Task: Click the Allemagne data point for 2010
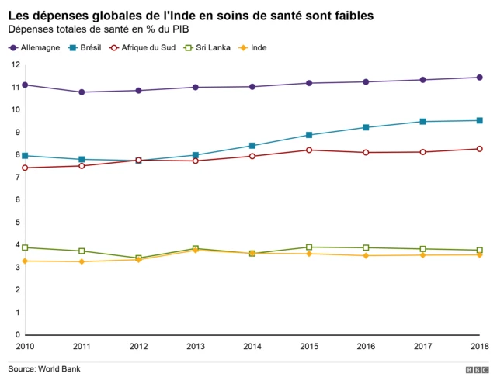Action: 26,85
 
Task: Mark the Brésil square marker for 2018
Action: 479,120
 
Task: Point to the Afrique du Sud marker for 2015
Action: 309,150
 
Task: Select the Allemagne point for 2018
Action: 479,77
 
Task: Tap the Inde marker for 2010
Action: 26,261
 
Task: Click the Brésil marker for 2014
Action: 252,145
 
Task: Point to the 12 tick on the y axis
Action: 16,64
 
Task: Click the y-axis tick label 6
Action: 16,199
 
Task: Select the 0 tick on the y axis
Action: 16,335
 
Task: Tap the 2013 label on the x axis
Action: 196,347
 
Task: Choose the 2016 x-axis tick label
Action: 366,347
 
